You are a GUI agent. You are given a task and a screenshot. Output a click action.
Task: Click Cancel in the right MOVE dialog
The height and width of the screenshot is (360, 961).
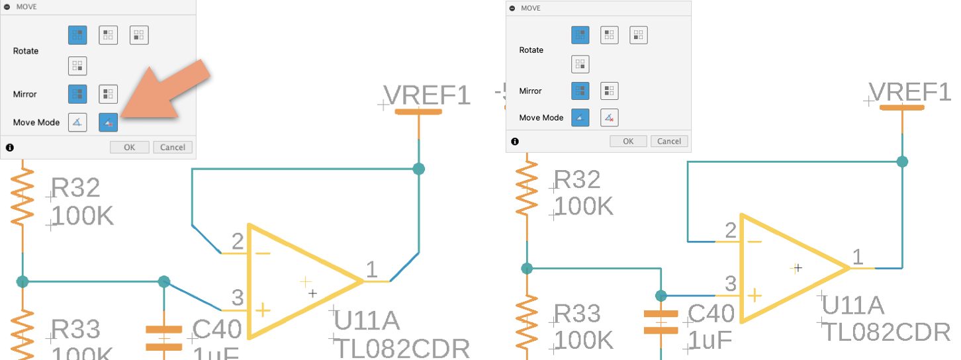[x=669, y=141]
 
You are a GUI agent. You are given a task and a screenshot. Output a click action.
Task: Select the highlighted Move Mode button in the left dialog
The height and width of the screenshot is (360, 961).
[x=109, y=122]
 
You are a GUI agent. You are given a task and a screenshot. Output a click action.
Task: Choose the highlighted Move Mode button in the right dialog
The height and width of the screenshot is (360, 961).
[x=580, y=117]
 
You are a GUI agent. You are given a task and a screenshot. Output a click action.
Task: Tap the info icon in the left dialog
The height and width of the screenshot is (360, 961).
[x=10, y=148]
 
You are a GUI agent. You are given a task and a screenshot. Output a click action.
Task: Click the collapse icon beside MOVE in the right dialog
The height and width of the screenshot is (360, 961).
[x=514, y=8]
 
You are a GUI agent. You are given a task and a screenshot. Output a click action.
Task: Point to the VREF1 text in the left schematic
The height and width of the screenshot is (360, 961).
[x=427, y=95]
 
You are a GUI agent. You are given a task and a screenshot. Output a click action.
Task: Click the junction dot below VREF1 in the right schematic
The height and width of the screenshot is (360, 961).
[x=902, y=161]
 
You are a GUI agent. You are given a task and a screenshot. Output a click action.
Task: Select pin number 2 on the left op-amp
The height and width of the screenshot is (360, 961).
[x=237, y=242]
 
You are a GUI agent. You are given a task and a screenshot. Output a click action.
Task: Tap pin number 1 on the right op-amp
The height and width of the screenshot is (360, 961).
[x=858, y=257]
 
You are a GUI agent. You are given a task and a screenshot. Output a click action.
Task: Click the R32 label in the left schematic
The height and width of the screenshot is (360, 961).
[x=75, y=188]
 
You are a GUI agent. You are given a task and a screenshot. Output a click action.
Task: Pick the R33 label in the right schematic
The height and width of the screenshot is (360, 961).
[x=577, y=313]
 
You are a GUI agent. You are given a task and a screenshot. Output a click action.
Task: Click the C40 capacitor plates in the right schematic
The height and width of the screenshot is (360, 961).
[x=661, y=321]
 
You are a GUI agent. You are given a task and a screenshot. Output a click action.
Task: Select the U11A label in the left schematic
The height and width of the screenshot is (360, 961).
[x=367, y=321]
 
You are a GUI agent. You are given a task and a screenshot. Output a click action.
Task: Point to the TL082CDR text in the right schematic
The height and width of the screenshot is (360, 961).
[x=886, y=332]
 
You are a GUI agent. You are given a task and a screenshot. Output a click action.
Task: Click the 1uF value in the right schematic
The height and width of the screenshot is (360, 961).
[x=710, y=339]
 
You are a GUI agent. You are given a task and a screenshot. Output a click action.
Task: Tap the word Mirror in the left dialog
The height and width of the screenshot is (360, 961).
[x=26, y=94]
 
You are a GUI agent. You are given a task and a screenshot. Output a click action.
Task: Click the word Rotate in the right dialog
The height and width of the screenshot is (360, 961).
[x=531, y=50]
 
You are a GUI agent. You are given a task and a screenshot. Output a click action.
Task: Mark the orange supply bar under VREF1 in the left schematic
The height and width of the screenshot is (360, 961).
[x=418, y=112]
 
